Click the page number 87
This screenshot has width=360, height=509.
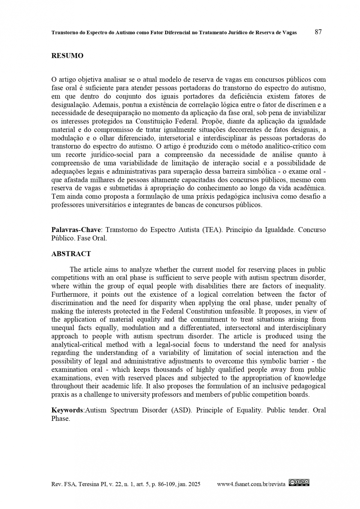(318, 32)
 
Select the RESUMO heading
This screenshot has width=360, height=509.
(67, 56)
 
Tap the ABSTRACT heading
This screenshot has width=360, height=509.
(71, 254)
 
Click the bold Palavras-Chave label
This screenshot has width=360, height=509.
(76, 230)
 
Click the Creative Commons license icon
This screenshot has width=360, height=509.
(299, 482)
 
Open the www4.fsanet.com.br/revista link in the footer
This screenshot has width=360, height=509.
(251, 484)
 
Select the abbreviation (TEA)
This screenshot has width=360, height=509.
(212, 230)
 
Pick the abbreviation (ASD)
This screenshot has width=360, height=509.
(181, 410)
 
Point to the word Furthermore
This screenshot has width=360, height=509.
(71, 294)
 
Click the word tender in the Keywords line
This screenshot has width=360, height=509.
(298, 410)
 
